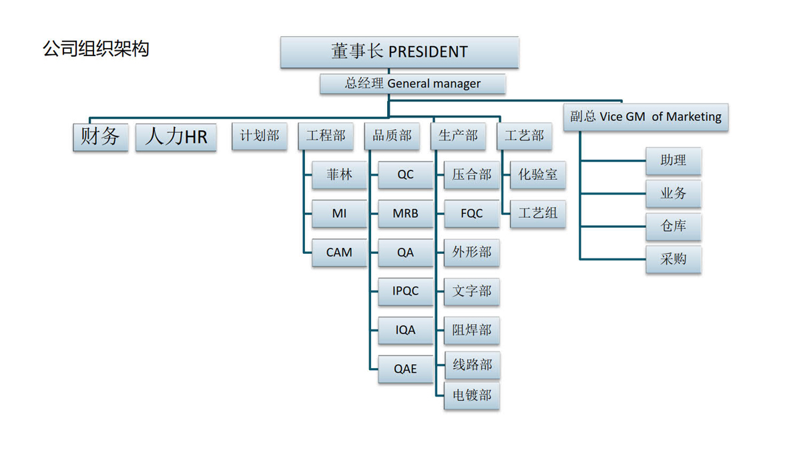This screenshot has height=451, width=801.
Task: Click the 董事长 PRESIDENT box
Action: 399,52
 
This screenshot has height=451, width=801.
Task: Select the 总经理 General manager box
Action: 413,84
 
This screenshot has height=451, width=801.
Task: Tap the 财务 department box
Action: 100,137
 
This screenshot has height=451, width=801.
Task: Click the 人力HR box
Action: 176,137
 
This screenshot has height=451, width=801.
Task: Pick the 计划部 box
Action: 260,136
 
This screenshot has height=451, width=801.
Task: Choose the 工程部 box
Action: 326,136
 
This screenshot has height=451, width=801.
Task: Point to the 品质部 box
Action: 392,136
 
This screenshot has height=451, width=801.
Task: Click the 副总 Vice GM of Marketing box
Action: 645,117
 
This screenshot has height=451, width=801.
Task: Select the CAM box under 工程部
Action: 339,253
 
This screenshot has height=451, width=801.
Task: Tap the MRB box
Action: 405,214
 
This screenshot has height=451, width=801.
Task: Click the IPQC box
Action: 405,291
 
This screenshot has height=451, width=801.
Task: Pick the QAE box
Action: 405,369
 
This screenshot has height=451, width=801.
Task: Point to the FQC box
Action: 471,214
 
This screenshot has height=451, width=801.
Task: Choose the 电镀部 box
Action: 471,396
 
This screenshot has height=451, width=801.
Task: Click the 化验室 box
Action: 537,175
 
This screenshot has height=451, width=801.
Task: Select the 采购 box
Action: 673,259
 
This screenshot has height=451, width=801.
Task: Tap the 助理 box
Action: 673,161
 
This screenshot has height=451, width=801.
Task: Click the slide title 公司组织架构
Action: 96,49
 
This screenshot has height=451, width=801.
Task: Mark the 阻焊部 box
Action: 471,331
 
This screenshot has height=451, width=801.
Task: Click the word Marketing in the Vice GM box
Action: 694,117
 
